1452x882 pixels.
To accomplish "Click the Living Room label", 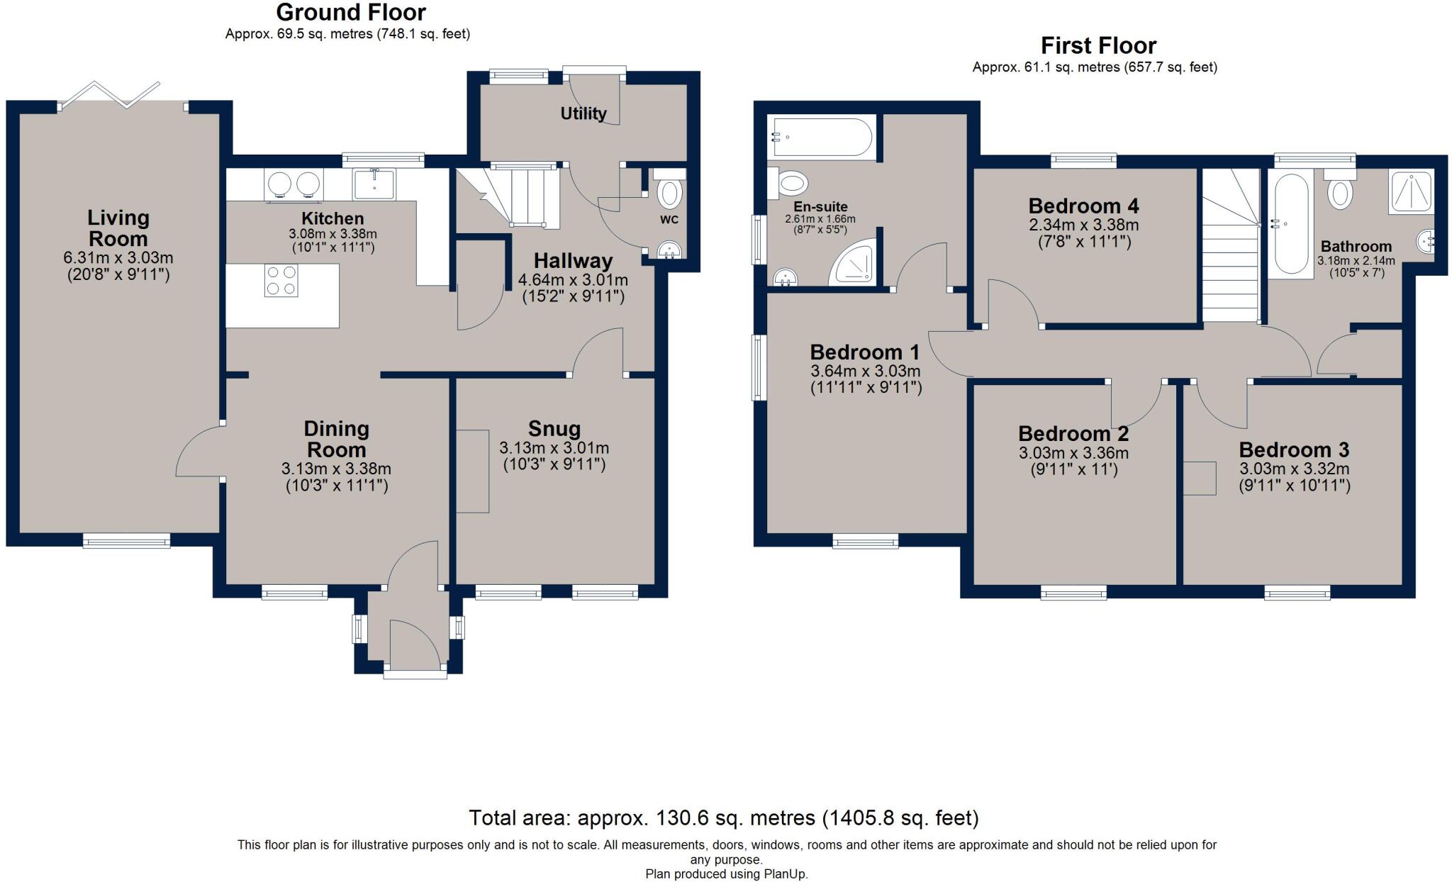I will [x=118, y=228].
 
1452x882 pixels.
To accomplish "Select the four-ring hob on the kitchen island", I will [x=281, y=280].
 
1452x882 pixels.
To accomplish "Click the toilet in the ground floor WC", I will [x=669, y=191].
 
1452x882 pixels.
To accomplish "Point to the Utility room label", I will [x=583, y=113].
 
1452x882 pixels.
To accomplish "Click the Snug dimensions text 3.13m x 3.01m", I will [x=554, y=448].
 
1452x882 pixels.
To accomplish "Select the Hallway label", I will [x=573, y=261].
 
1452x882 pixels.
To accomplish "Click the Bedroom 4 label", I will [x=1083, y=206].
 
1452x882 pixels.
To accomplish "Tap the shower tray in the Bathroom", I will [x=1410, y=191].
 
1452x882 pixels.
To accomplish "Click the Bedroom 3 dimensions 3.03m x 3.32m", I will [x=1294, y=469].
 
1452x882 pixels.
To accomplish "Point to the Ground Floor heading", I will [x=350, y=12].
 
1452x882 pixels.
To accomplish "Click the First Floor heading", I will [x=1098, y=46].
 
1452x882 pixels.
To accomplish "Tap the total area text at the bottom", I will [x=723, y=818].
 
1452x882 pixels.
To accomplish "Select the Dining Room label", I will [x=336, y=439].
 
